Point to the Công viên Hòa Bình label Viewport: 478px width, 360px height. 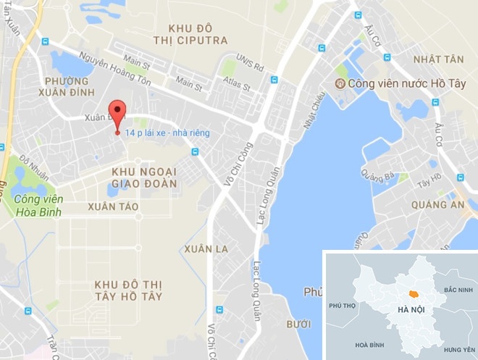(37, 205)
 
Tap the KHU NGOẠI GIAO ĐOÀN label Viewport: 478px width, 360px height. (144, 177)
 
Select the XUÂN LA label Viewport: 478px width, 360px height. (206, 249)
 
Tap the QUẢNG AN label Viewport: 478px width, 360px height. (437, 205)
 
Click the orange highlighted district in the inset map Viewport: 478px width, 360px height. (414, 293)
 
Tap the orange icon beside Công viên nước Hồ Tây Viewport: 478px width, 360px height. (340, 83)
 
